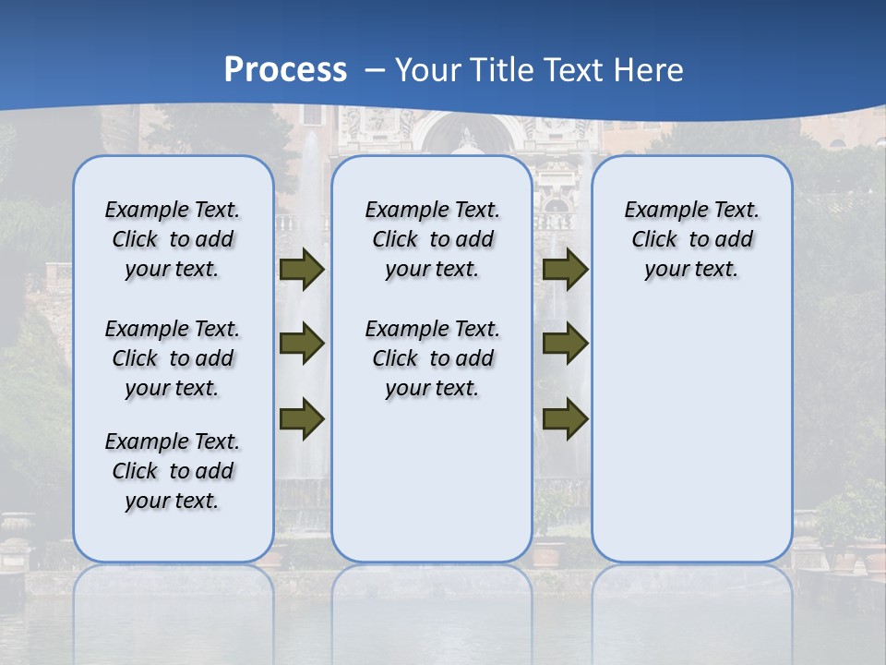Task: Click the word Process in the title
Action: click(285, 69)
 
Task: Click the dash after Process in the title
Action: click(375, 71)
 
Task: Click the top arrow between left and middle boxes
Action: click(302, 269)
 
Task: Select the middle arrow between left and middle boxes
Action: click(302, 344)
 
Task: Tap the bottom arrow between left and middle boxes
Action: click(302, 418)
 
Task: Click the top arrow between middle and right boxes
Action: click(565, 269)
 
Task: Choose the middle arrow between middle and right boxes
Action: click(565, 344)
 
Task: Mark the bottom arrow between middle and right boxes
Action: click(565, 418)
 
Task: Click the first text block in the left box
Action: click(173, 239)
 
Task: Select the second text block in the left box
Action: click(173, 358)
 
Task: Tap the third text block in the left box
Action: click(173, 471)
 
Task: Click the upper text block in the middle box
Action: click(432, 239)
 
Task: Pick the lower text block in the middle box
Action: click(432, 358)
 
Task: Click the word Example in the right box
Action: click(662, 211)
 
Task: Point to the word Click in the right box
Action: click(654, 240)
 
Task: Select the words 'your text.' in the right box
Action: click(691, 270)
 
